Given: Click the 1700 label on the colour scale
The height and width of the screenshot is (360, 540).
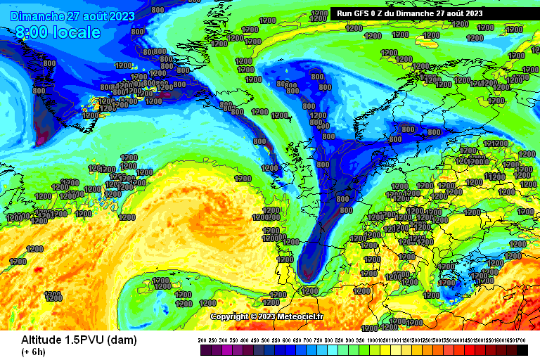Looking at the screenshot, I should pos(520,340).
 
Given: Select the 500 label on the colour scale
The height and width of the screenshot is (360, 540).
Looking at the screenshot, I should pos(269,340).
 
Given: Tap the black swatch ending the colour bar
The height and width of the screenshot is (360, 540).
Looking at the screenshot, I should pos(522,350).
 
